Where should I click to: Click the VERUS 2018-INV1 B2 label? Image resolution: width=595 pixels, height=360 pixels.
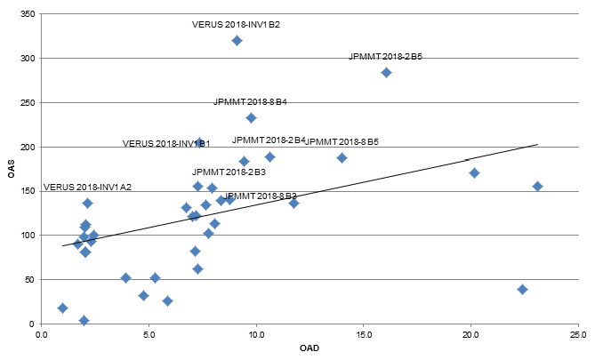click(236, 24)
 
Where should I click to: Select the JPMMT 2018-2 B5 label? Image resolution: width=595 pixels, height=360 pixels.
click(385, 57)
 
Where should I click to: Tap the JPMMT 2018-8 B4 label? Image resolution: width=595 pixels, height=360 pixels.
click(250, 102)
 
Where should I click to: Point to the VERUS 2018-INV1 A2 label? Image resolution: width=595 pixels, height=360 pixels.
click(87, 188)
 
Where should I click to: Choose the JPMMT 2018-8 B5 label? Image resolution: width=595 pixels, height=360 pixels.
click(342, 142)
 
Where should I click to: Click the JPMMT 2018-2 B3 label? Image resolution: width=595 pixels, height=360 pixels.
click(229, 172)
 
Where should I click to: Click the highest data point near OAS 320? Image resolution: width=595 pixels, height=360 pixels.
click(237, 41)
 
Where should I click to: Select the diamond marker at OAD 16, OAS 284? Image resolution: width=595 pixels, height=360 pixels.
click(386, 73)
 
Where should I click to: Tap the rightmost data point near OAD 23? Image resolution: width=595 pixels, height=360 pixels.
click(537, 186)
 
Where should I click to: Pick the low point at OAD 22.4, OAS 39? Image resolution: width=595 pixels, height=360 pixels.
click(522, 289)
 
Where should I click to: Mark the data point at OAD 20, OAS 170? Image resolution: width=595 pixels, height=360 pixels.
click(474, 172)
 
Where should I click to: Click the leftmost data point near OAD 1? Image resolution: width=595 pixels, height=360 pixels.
click(62, 308)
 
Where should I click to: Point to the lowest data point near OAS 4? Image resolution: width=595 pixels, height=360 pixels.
click(84, 320)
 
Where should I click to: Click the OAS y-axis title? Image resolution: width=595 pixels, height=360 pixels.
click(12, 169)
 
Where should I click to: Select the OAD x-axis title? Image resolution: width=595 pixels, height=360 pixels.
click(309, 348)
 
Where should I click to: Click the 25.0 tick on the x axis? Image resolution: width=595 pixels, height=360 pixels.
click(578, 335)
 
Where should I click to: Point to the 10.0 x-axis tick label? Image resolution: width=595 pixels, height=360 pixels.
click(256, 335)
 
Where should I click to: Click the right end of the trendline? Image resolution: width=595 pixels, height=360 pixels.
click(537, 144)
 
